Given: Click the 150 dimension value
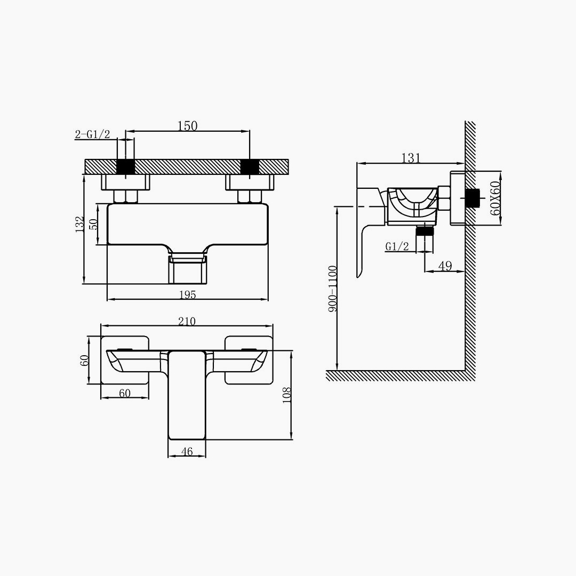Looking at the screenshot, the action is click(187, 126).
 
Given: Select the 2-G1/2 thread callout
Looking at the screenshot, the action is click(93, 134).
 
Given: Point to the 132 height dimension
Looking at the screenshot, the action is click(79, 223).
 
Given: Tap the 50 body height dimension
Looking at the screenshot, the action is click(94, 223).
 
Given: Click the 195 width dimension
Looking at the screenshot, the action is click(187, 294).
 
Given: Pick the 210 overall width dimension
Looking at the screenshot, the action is click(187, 321).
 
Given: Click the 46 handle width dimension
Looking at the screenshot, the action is click(187, 452).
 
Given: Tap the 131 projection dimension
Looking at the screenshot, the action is click(410, 158).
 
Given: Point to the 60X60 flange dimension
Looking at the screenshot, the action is click(495, 198).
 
